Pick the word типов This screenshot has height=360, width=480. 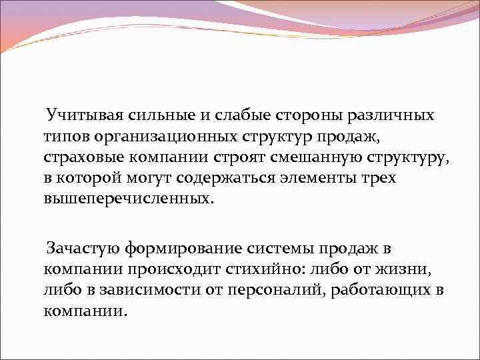(63, 137)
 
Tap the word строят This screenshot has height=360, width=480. (245, 159)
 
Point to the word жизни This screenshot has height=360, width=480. (413, 271)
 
